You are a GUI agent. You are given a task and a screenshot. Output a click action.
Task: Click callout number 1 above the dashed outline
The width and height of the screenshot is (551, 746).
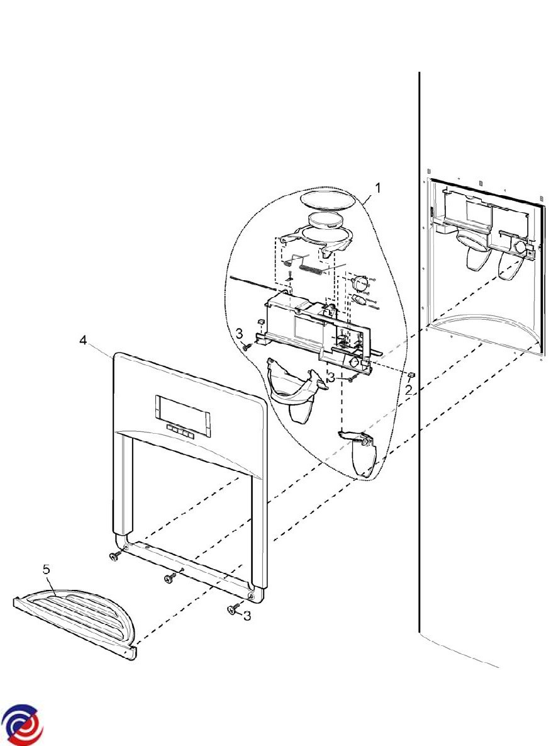377,188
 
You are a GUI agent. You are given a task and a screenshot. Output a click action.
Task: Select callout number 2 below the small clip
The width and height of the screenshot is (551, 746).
408,390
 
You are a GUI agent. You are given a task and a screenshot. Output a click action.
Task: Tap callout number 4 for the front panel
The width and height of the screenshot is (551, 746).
83,340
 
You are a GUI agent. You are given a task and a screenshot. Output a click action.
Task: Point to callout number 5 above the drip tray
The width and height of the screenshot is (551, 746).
46,569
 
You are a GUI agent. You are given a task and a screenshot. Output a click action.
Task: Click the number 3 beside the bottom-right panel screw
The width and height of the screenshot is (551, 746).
247,615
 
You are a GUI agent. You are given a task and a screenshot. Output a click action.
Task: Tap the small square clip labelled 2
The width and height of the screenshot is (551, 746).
411,376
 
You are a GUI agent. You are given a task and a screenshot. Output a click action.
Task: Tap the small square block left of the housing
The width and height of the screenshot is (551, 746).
260,322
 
